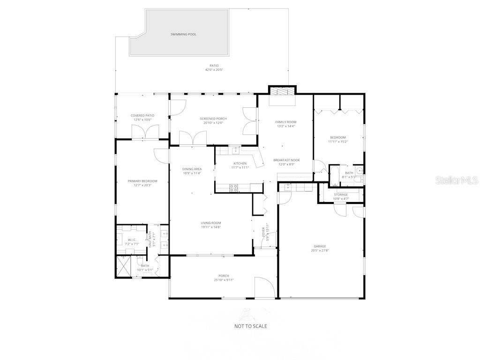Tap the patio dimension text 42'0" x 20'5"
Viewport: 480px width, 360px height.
[214, 70]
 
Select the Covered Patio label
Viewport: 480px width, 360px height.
[142, 115]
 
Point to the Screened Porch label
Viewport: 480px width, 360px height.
[213, 119]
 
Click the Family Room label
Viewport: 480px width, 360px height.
[285, 122]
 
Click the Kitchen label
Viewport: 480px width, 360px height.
[240, 163]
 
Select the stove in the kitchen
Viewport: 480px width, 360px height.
[233, 188]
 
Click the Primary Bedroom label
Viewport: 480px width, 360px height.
[142, 181]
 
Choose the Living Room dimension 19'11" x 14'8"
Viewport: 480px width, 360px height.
[211, 227]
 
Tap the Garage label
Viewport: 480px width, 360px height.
[320, 246]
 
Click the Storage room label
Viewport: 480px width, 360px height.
[341, 195]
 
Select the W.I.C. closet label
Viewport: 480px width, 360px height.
[131, 240]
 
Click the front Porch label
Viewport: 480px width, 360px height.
[224, 276]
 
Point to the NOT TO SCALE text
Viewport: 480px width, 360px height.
[251, 326]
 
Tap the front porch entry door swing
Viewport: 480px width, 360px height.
[263, 287]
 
